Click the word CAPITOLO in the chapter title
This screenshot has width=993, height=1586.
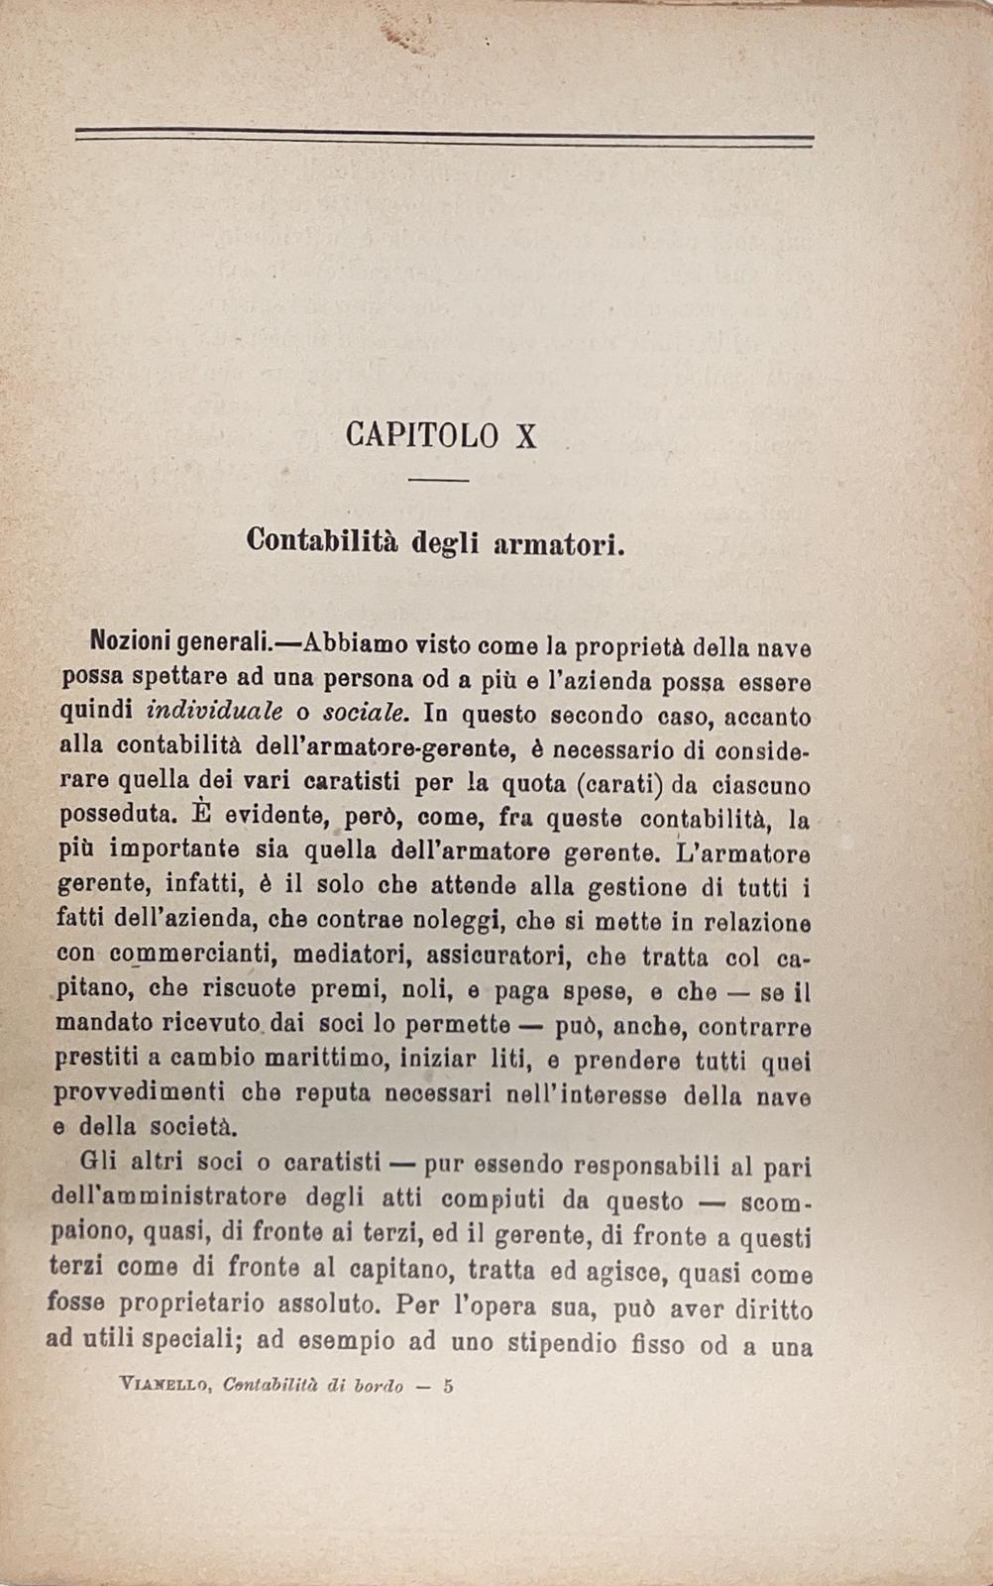tap(421, 435)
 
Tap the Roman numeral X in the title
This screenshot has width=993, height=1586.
tap(526, 435)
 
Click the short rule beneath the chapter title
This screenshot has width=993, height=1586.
tap(438, 481)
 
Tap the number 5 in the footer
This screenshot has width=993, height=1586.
tap(448, 1386)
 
